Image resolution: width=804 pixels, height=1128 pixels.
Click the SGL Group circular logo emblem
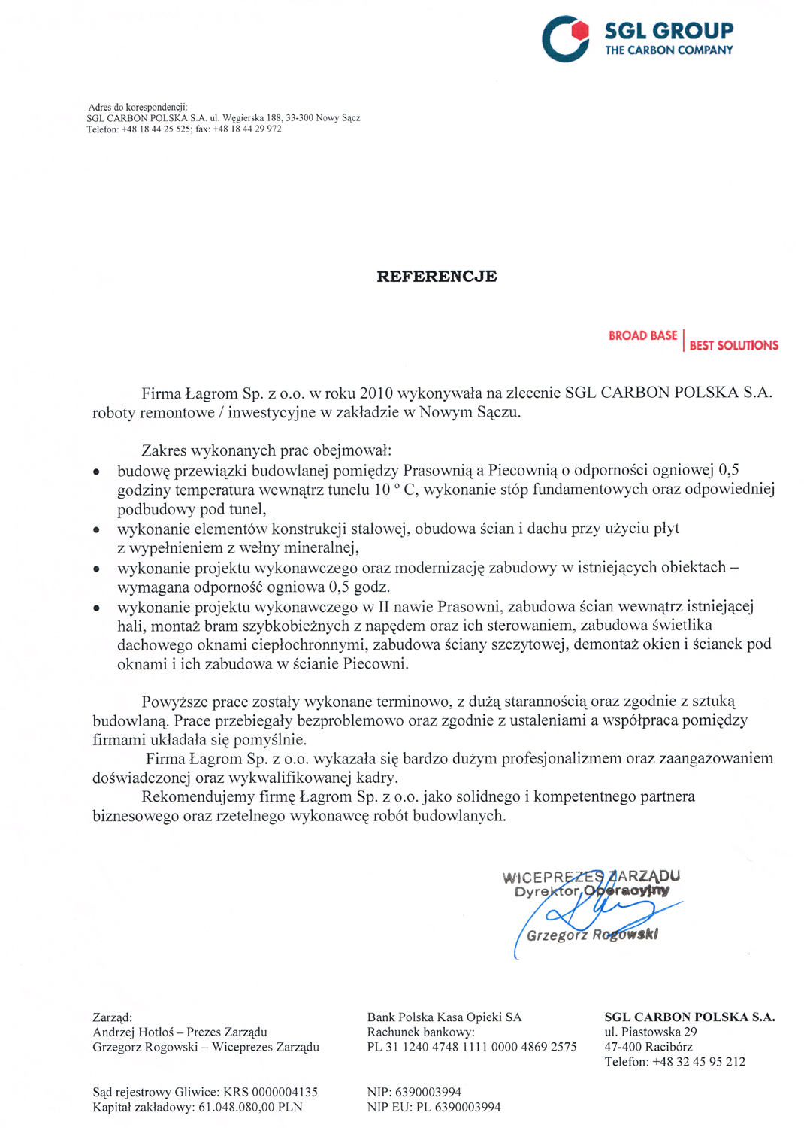(565, 38)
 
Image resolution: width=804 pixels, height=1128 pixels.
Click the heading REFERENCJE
(437, 276)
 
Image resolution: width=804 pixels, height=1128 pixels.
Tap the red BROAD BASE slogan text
(642, 335)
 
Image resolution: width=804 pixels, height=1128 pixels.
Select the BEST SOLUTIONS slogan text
(733, 345)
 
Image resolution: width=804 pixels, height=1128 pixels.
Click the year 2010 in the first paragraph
(376, 393)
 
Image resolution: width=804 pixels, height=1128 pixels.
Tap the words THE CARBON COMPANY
(669, 50)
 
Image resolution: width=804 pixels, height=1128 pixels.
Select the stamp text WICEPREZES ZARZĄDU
(591, 876)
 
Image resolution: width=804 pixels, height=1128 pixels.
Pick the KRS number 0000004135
(284, 1092)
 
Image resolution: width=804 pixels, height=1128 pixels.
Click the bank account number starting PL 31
(472, 1047)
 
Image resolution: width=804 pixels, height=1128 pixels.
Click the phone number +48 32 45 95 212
(699, 1062)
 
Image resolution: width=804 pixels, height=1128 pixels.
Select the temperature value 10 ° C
(395, 490)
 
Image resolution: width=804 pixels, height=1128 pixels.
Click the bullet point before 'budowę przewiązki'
(96, 472)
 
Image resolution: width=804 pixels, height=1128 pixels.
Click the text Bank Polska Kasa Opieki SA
(444, 1017)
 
